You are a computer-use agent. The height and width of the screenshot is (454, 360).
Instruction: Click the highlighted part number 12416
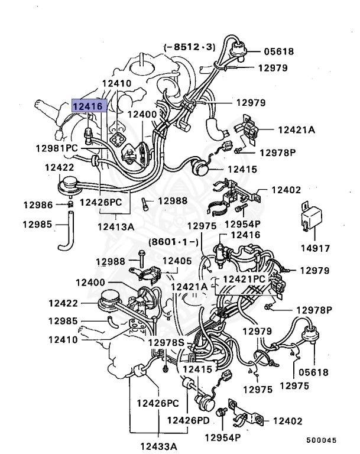[x=88, y=106]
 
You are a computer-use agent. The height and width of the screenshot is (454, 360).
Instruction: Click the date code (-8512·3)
[x=189, y=46]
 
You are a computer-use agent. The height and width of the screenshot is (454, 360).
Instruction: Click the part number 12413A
[x=116, y=226]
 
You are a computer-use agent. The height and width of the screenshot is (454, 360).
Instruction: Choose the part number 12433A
[x=159, y=445]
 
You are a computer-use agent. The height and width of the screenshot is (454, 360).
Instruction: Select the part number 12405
[x=177, y=261]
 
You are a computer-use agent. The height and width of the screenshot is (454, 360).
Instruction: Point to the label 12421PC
[x=244, y=278]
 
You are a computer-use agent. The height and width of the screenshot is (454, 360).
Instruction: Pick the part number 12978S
[x=166, y=343]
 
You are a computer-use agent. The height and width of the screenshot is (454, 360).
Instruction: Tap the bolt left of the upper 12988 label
[x=145, y=203]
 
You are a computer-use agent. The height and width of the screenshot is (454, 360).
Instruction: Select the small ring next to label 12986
[x=70, y=205]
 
